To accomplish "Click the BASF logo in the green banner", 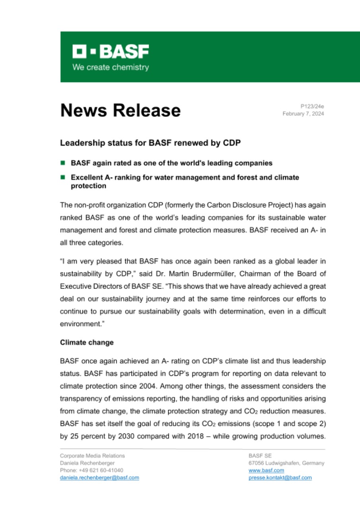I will (x=111, y=51).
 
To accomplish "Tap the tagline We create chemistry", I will (x=111, y=67).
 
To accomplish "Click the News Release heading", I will (x=121, y=110).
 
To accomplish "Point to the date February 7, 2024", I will (x=303, y=114).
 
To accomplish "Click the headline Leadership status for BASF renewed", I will (x=150, y=143).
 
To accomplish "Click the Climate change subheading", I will (x=87, y=342).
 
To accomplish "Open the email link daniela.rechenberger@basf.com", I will (x=99, y=478).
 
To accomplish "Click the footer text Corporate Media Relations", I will (x=92, y=456).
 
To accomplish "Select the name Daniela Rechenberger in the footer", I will (x=87, y=463).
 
